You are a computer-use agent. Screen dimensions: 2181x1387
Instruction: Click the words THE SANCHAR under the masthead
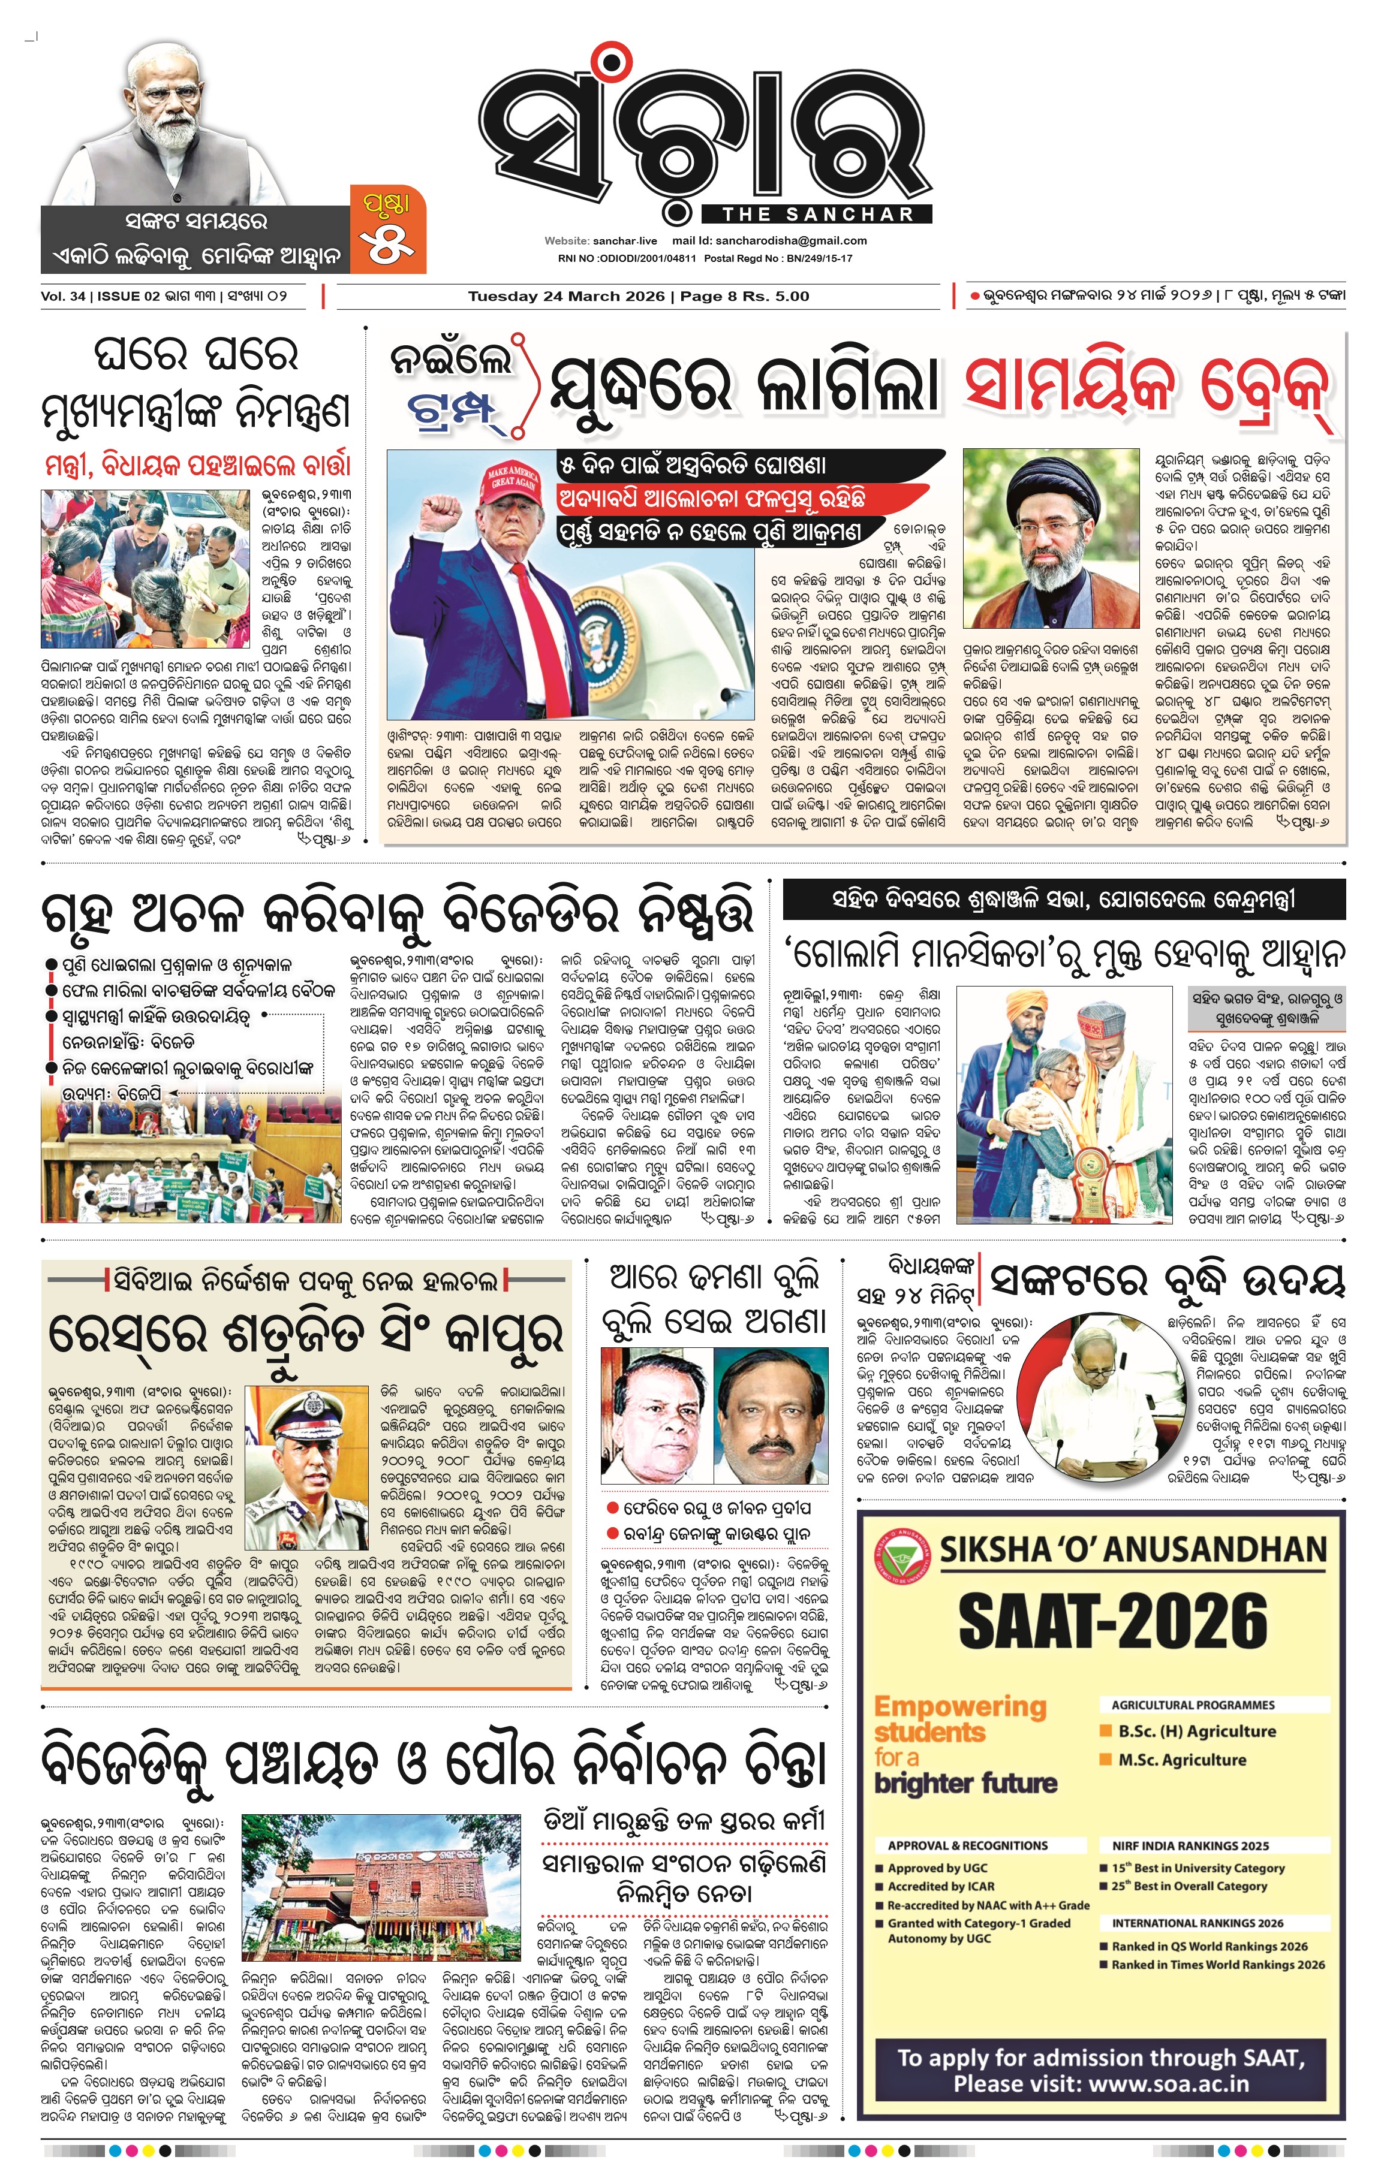(x=817, y=215)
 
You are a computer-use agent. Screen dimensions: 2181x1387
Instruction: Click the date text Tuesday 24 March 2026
(x=566, y=296)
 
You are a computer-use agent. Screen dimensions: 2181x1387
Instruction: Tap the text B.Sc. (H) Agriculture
(x=1196, y=1731)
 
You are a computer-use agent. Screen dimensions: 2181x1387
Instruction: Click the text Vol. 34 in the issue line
(x=62, y=296)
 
